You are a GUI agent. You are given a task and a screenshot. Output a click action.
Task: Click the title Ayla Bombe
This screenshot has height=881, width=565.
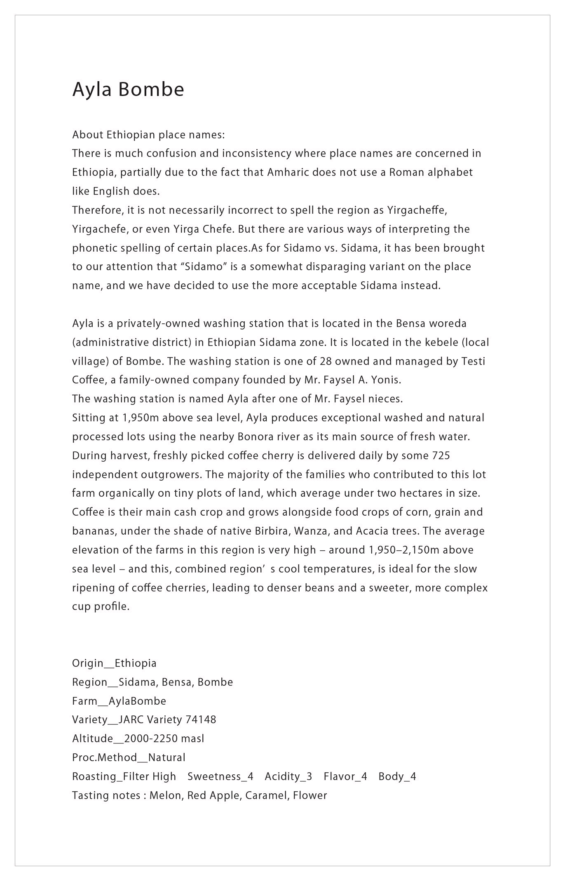click(128, 89)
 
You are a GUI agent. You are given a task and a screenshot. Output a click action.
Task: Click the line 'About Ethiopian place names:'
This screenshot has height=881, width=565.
click(148, 135)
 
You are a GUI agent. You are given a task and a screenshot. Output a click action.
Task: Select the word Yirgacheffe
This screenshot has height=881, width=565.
click(417, 210)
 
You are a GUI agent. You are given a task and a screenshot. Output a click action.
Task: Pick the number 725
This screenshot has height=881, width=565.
click(441, 456)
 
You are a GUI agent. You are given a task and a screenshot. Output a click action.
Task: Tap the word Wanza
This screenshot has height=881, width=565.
click(313, 531)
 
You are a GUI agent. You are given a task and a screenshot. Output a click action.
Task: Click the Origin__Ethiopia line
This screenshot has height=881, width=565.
click(114, 663)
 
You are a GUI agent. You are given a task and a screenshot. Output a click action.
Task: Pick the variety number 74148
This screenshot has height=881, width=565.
click(201, 720)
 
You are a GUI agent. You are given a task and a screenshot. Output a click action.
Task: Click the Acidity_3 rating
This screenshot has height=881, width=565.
click(288, 776)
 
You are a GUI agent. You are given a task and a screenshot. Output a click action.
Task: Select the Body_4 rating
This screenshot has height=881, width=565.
click(397, 776)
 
